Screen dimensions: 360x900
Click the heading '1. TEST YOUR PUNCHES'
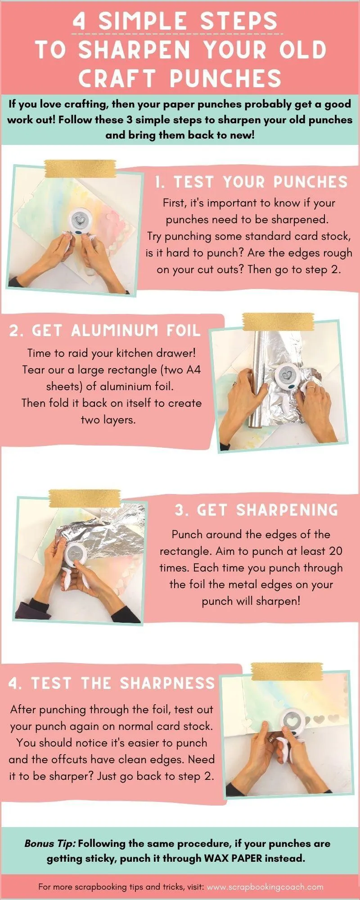(x=251, y=182)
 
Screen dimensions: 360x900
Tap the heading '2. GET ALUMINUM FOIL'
(x=104, y=331)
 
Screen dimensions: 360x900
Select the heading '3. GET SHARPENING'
(x=256, y=510)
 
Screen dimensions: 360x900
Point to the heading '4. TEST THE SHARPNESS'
(x=112, y=683)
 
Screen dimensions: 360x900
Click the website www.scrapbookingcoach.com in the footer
(x=265, y=887)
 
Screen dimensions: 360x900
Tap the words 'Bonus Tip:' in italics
(x=50, y=844)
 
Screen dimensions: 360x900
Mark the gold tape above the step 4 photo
(x=287, y=671)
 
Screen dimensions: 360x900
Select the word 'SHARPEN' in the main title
(x=135, y=49)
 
